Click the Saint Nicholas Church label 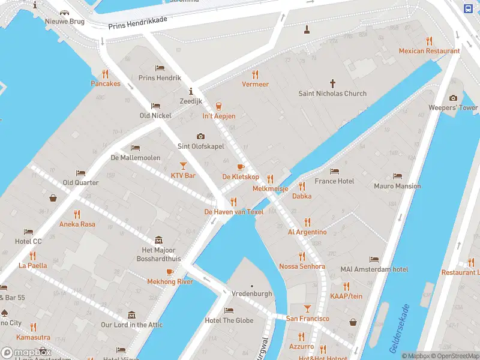332,94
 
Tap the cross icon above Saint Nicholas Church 333,83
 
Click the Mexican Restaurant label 429,51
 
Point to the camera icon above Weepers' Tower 453,98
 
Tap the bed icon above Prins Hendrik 160,68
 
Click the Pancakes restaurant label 106,84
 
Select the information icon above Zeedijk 191,91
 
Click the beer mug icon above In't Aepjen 218,106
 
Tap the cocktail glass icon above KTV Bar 183,165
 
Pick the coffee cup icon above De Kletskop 241,167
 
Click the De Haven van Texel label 234,212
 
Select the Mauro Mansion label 397,186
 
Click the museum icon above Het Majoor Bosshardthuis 158,239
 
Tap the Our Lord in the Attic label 131,325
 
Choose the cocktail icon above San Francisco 307,308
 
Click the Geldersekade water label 399,329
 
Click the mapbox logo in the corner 26,353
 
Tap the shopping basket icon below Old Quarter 53,197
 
